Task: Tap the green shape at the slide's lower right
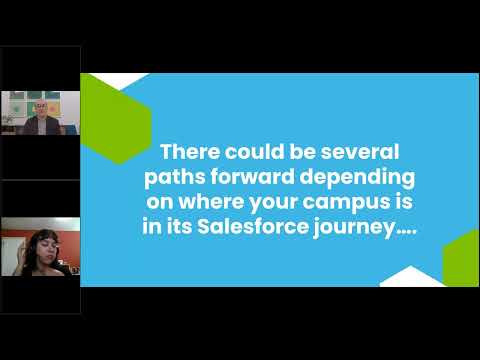462,258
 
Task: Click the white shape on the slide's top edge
120,79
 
